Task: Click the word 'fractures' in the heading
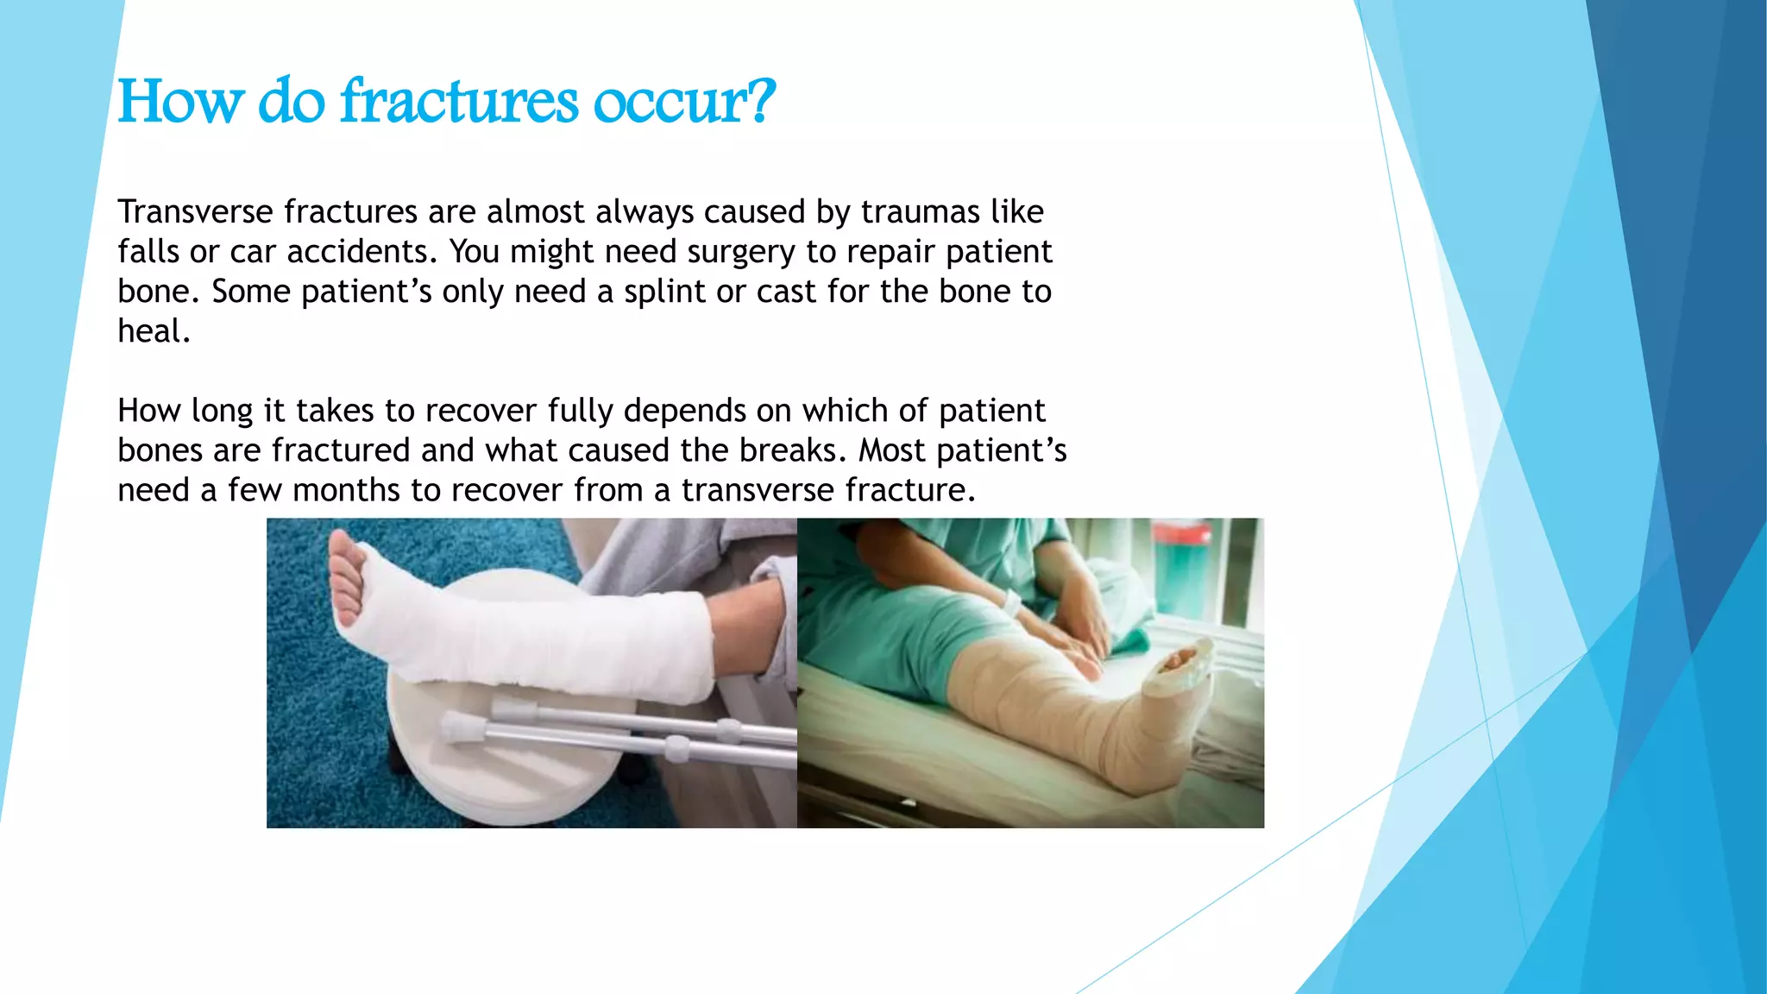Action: [x=459, y=102]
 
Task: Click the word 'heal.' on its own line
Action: [x=154, y=331]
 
